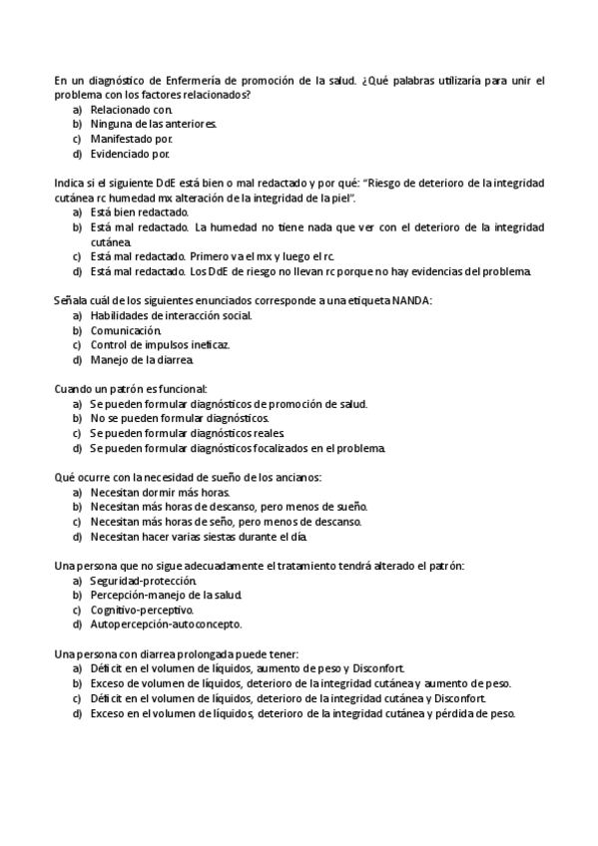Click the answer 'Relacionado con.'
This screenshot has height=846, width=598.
(x=131, y=109)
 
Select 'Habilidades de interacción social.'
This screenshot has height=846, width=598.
(x=171, y=316)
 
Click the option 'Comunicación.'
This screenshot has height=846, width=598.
(x=126, y=330)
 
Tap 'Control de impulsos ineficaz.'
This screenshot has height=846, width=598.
(x=160, y=345)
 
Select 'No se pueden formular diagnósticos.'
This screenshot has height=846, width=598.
(x=172, y=419)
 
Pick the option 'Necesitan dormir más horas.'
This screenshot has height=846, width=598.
(x=160, y=493)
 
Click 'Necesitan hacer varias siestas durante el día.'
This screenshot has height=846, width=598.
(x=198, y=537)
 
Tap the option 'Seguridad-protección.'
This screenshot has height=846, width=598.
(x=143, y=581)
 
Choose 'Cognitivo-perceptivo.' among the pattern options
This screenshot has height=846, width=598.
(x=142, y=610)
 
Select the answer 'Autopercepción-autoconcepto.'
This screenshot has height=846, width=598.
(x=166, y=625)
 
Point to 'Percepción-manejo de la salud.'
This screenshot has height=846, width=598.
(x=166, y=596)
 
